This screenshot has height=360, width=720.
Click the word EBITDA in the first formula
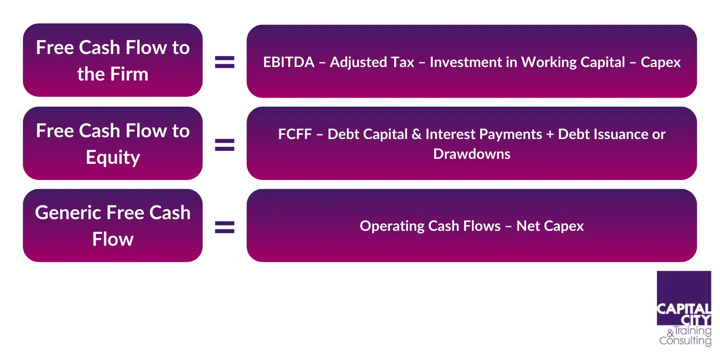tap(288, 63)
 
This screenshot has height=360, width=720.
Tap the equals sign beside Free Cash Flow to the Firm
tap(225, 62)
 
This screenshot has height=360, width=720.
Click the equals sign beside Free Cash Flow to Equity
tap(225, 144)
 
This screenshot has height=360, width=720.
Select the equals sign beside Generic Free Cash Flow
tap(225, 227)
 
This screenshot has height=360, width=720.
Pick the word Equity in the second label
tap(113, 158)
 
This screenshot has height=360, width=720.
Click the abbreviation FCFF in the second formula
tap(295, 135)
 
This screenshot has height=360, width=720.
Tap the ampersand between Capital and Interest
tap(416, 135)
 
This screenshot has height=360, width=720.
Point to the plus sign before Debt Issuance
tap(550, 135)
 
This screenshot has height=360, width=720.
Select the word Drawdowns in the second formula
tap(472, 154)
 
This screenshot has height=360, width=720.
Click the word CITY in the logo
tap(696, 320)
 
